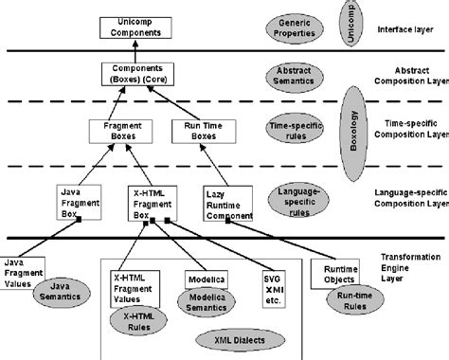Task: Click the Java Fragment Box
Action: point(76,201)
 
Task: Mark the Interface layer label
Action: point(408,30)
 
